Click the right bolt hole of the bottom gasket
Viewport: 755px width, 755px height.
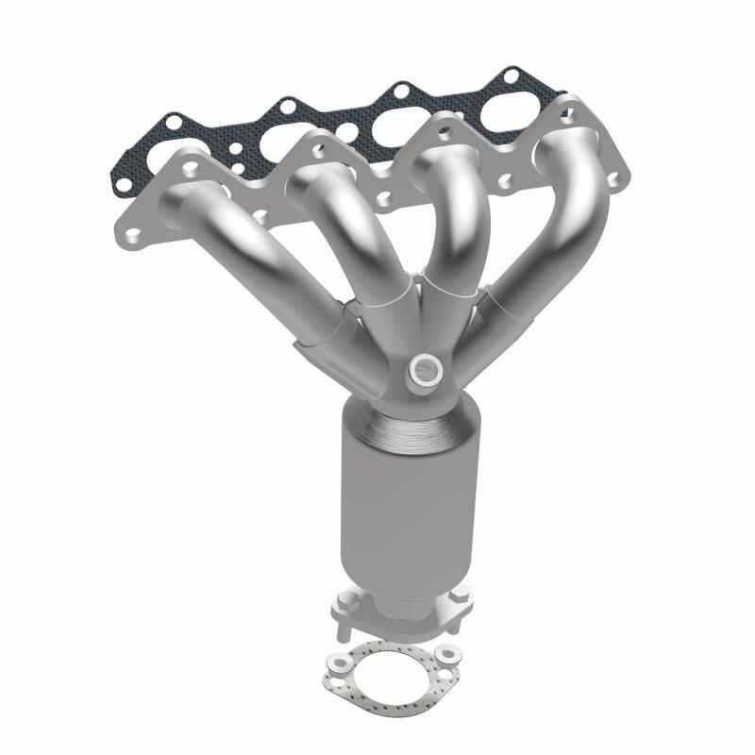(445, 651)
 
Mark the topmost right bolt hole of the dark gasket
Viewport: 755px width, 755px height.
(511, 74)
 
